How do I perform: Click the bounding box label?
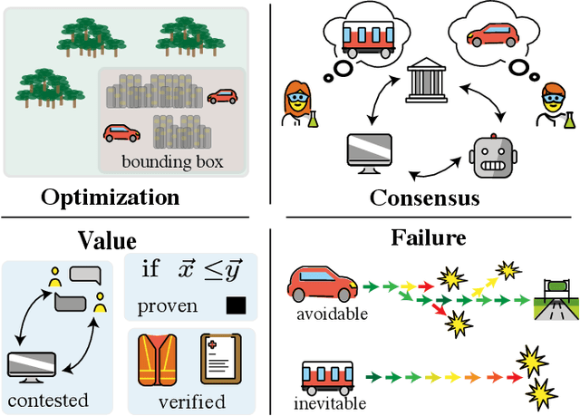pos(172,163)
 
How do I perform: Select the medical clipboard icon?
pos(218,358)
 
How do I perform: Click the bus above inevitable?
pos(326,375)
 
